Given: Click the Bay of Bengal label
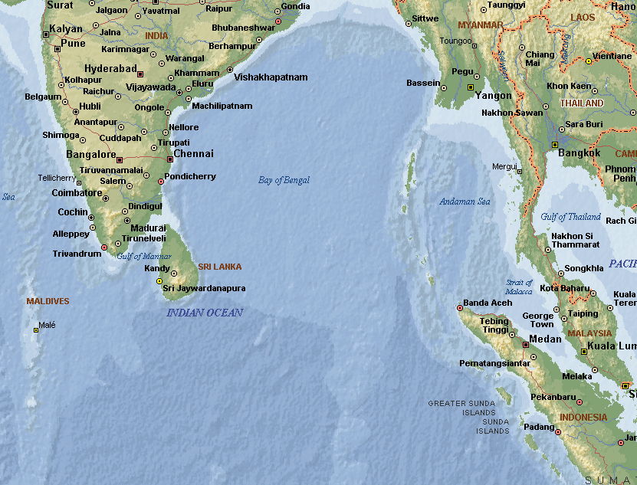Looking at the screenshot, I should (x=284, y=180).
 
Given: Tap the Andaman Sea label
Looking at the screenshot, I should (x=465, y=202).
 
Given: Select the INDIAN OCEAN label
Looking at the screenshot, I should (x=205, y=313).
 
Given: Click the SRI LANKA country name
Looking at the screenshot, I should (x=219, y=267).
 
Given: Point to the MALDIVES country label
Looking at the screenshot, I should (x=48, y=301).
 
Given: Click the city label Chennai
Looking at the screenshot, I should (x=193, y=154).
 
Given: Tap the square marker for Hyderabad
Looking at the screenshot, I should (x=140, y=74).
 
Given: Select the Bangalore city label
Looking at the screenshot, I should (x=91, y=155).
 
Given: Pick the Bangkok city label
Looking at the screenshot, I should (x=580, y=152).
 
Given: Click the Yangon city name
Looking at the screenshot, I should (x=494, y=96).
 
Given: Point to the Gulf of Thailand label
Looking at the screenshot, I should (x=570, y=217).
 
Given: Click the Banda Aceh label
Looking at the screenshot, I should (x=488, y=303).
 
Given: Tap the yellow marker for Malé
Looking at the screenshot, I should (x=36, y=330).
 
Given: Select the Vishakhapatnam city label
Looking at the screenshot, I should (x=271, y=77).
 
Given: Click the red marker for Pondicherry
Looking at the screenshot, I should (x=161, y=182).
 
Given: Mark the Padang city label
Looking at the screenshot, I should (x=538, y=427).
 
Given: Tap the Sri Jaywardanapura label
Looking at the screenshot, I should (x=204, y=288).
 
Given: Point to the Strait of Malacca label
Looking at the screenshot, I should (x=519, y=287).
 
